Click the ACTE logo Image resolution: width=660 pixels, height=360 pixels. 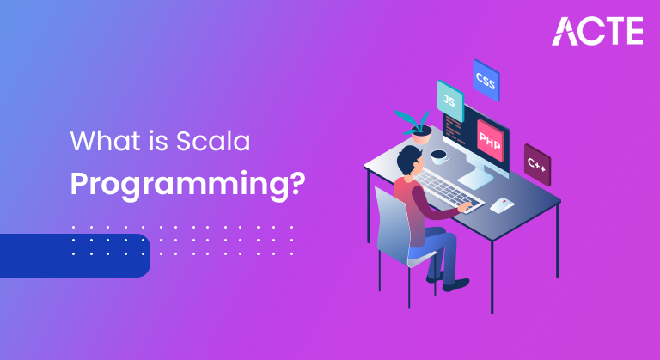(x=597, y=31)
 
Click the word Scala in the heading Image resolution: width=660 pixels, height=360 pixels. (x=213, y=141)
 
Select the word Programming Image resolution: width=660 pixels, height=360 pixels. (x=180, y=184)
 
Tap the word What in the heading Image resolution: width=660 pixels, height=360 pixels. (x=105, y=141)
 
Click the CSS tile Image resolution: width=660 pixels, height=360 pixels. (x=486, y=80)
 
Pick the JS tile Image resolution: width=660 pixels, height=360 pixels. (x=450, y=101)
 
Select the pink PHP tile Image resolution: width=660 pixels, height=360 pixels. (x=490, y=141)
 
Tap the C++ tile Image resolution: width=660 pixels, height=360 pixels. (x=537, y=165)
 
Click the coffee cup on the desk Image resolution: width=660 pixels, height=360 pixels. (x=439, y=156)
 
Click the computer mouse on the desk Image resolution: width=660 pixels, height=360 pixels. (x=502, y=205)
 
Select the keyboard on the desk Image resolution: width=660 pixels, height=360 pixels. (x=447, y=190)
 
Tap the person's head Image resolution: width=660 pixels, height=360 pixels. (x=410, y=160)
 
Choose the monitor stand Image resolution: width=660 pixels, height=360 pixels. (x=476, y=177)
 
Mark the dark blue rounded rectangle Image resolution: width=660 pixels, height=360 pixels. (x=75, y=255)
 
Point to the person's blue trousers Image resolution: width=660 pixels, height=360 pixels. (x=437, y=253)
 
